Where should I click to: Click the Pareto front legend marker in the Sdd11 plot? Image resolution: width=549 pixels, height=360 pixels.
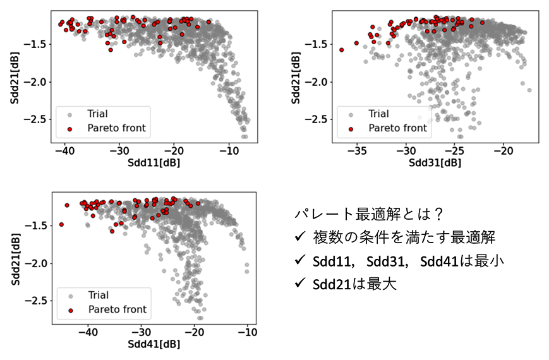click(x=69, y=129)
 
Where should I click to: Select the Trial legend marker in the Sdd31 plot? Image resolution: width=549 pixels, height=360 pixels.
click(x=351, y=114)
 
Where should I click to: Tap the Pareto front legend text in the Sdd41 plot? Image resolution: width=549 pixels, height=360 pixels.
click(x=118, y=309)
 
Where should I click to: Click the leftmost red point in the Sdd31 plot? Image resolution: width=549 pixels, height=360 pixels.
click(x=342, y=49)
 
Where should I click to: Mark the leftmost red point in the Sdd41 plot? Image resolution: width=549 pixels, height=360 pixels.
click(x=61, y=224)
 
